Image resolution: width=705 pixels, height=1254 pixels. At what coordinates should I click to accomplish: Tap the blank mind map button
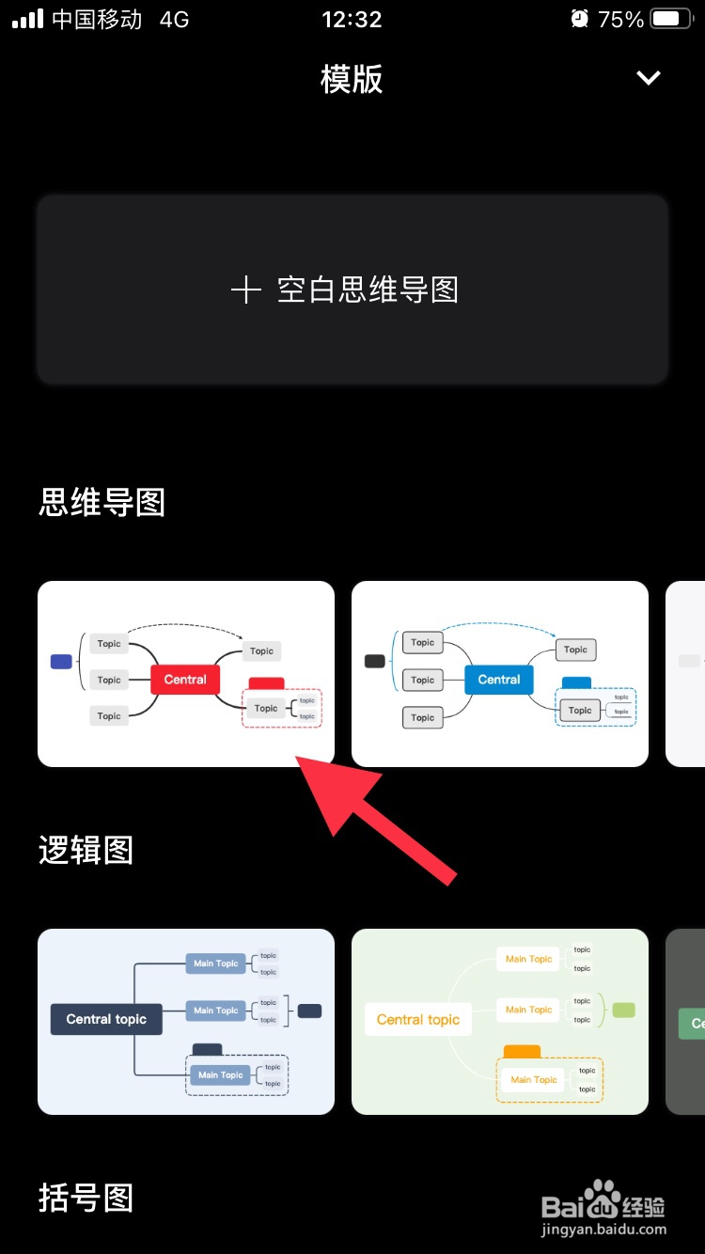[352, 290]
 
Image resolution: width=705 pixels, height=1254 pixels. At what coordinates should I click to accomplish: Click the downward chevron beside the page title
[649, 78]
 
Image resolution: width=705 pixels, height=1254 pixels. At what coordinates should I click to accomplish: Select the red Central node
[185, 679]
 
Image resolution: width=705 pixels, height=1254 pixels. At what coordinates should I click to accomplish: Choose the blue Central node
[498, 679]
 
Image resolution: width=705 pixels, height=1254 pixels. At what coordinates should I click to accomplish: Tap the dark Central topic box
[106, 1019]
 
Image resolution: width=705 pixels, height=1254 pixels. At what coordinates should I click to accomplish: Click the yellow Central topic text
[418, 1019]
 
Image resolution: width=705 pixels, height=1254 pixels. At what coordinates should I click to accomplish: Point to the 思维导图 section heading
[102, 503]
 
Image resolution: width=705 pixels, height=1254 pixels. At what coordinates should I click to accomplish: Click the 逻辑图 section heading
[86, 851]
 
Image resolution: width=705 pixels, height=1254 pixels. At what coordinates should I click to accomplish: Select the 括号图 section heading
[86, 1199]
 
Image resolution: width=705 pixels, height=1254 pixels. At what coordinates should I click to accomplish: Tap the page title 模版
[352, 79]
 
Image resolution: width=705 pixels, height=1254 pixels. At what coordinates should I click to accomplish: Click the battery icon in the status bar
[671, 19]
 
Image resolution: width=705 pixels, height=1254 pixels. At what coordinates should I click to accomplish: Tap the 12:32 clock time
[352, 19]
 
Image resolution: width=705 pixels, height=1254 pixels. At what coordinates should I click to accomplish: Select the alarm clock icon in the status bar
[580, 19]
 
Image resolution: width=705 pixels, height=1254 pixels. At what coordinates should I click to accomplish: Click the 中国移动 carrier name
[97, 19]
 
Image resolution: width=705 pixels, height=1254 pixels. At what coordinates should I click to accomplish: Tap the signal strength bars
[27, 19]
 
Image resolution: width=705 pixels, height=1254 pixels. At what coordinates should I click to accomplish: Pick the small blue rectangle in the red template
[61, 662]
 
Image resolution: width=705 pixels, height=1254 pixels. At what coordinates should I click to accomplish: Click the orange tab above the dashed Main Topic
[522, 1051]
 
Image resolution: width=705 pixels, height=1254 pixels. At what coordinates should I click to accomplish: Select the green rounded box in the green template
[623, 1011]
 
